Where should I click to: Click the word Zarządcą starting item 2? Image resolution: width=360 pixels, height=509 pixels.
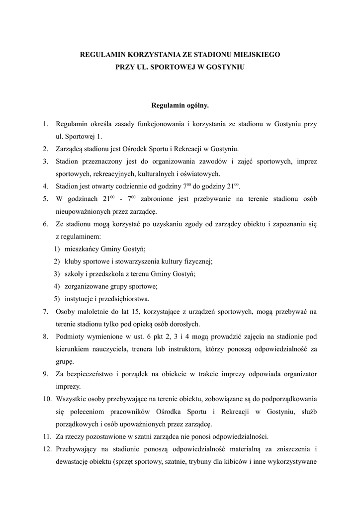coord(71,149)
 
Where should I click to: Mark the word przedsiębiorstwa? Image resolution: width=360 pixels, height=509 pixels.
coord(121,299)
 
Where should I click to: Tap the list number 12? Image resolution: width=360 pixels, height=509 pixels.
coord(46,449)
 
